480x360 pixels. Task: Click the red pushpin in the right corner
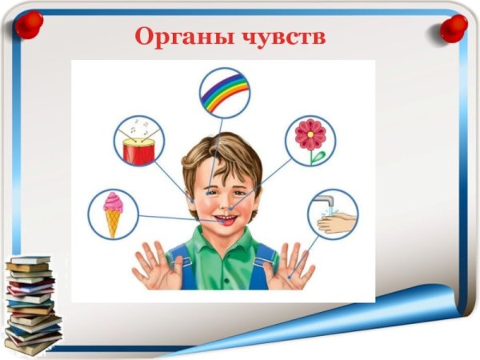[454, 28]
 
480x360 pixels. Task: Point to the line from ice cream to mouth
[172, 218]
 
